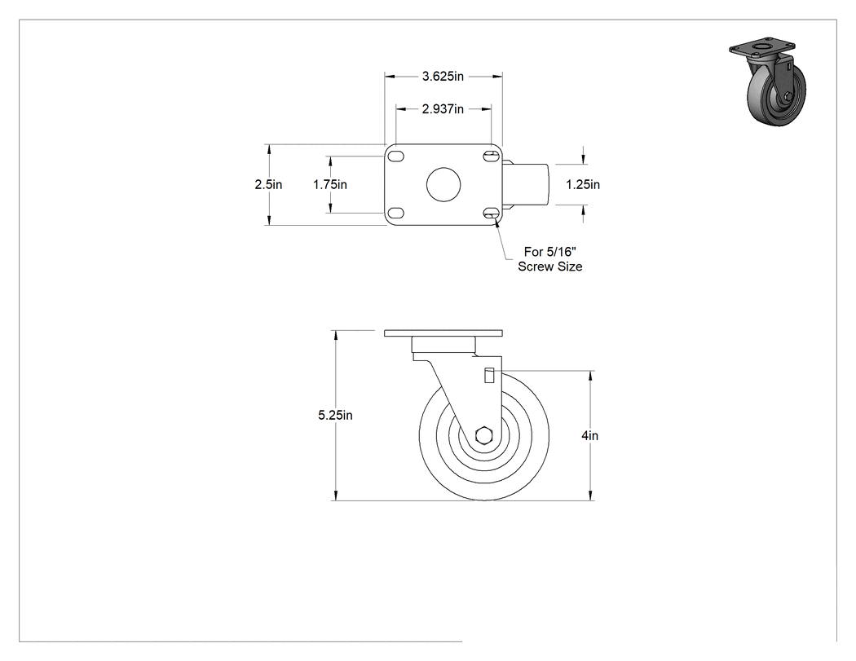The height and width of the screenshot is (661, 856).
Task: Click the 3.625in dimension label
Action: pos(443,77)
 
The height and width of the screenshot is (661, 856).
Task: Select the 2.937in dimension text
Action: pos(443,109)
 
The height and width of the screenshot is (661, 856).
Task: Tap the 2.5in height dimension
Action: pos(268,184)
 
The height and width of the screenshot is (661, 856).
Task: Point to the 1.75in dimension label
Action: pos(329,184)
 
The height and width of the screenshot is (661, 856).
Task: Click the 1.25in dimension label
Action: pos(583,184)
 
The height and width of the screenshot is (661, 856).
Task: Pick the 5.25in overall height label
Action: pos(335,416)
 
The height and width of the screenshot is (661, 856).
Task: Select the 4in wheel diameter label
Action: pos(590,435)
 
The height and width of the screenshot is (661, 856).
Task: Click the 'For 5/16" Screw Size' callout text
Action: pos(549,259)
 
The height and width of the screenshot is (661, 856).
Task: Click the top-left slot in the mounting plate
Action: pos(395,156)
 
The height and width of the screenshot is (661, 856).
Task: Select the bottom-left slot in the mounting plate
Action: pos(395,213)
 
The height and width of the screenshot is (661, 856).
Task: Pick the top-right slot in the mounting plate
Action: pos(491,156)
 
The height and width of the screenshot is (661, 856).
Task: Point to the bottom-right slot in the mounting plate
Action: pos(491,213)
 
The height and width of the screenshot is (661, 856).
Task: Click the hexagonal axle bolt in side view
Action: pos(484,436)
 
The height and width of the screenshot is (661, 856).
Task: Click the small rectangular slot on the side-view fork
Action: pos(490,376)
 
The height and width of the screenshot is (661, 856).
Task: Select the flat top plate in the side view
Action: pos(443,333)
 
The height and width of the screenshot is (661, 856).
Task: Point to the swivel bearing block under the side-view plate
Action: pos(443,345)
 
